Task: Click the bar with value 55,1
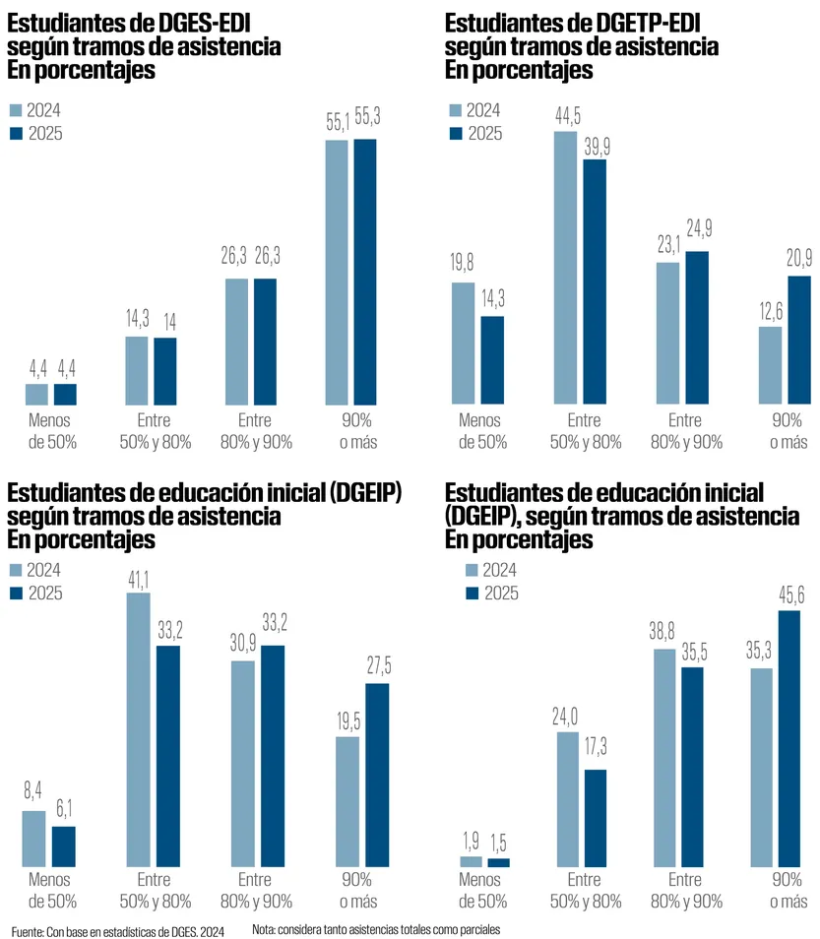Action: (337, 273)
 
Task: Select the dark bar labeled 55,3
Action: (365, 272)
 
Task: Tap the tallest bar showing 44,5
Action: (565, 268)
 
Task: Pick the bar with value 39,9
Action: (595, 282)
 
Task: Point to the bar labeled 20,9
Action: (800, 340)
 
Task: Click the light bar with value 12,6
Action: (771, 365)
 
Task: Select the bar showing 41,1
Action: (139, 729)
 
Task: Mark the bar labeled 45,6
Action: (790, 738)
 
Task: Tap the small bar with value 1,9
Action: (471, 861)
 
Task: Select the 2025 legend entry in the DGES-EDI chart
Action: (36, 134)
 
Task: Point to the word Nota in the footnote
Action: (265, 928)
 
